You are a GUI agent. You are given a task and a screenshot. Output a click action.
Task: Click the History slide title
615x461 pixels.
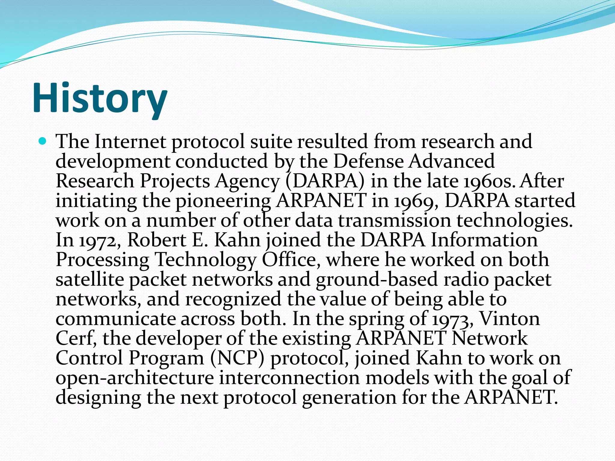pyautogui.click(x=100, y=98)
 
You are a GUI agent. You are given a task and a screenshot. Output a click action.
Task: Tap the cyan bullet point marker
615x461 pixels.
pyautogui.click(x=43, y=140)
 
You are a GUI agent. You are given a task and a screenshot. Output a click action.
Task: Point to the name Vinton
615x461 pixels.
pyautogui.click(x=510, y=319)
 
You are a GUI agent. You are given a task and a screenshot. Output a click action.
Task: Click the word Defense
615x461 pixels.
pyautogui.click(x=368, y=161)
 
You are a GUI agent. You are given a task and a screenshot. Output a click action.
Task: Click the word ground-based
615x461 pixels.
pyautogui.click(x=377, y=279)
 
